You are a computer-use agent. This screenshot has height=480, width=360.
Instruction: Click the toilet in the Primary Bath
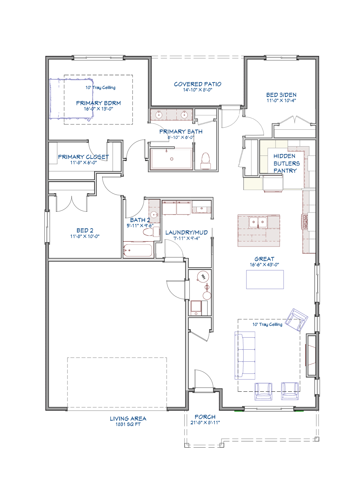tap(205, 160)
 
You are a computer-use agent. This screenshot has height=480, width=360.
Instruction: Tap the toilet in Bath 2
tap(151, 232)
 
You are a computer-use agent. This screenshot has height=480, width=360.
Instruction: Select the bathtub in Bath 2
tap(138, 250)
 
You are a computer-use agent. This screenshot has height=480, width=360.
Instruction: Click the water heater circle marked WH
tap(203, 277)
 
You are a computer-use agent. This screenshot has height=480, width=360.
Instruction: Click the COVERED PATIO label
tap(197, 84)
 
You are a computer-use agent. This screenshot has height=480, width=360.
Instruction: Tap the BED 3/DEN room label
tap(281, 95)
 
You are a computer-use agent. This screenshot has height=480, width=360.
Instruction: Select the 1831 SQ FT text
tap(128, 424)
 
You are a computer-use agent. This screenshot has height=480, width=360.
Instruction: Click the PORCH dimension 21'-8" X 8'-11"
tap(205, 422)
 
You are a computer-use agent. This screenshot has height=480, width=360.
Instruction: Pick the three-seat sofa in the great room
tap(245, 356)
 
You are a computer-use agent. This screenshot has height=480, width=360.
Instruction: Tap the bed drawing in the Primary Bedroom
tap(71, 100)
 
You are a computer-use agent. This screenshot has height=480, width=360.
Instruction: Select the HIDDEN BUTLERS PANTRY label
tap(286, 163)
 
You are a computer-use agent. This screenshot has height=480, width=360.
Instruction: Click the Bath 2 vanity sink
tap(154, 214)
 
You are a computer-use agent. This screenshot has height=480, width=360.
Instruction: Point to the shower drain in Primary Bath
tap(172, 159)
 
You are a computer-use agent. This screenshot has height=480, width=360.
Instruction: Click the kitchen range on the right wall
tap(305, 222)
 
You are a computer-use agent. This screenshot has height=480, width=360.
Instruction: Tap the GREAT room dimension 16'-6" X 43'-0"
tap(264, 264)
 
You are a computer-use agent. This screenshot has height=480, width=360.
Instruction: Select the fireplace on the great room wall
tap(311, 355)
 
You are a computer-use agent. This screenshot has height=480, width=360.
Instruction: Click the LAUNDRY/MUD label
tap(186, 232)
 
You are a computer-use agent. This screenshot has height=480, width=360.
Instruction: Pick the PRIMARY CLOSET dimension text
tap(83, 162)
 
